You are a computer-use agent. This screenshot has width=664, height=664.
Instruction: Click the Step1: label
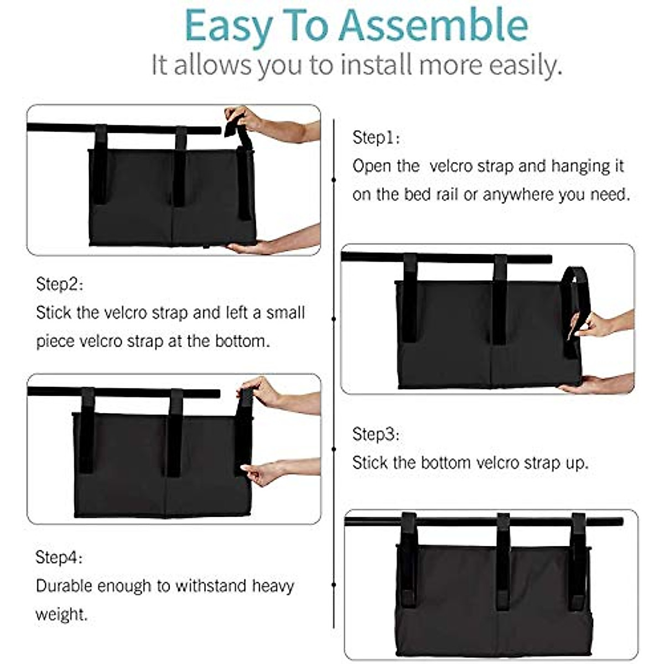(376, 137)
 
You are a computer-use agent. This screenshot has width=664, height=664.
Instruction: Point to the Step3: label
(376, 434)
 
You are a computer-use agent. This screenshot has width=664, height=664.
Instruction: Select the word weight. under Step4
(61, 614)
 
